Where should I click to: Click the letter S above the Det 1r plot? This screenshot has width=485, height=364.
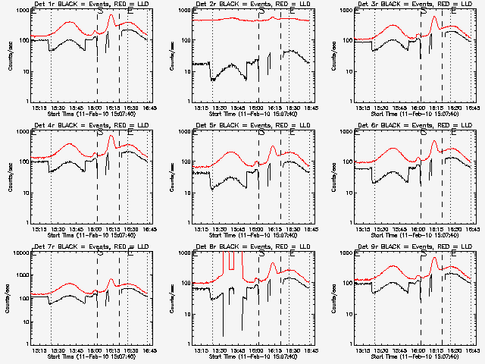coord(100,11)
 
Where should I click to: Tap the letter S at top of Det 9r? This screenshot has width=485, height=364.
coord(424,254)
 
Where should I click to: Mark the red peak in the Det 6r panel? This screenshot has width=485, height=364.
coord(434,140)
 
